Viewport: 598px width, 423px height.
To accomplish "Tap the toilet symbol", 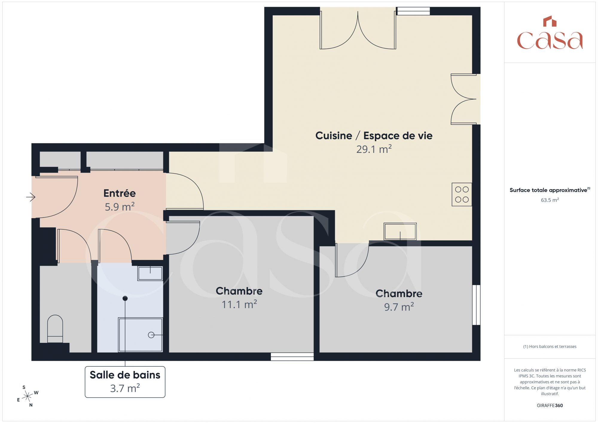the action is tap(55, 329).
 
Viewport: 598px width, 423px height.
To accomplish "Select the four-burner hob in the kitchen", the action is tap(462, 194).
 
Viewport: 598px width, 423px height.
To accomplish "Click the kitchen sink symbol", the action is tap(400, 231).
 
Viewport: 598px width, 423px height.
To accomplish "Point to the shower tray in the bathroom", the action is tap(141, 335).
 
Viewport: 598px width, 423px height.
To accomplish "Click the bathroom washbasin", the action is tap(150, 273).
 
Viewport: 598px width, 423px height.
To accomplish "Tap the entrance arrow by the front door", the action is tap(31, 197).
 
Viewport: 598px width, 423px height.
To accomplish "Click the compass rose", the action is tap(28, 396).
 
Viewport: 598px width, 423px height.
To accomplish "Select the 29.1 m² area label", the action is tap(374, 149).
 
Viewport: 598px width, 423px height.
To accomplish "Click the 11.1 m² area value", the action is tap(239, 304).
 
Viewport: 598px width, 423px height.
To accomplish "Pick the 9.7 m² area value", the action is tap(399, 307).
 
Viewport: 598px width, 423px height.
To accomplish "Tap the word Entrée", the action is tap(120, 193).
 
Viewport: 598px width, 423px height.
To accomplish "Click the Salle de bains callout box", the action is tap(125, 382).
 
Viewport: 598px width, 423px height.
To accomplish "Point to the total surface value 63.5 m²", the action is tap(550, 200).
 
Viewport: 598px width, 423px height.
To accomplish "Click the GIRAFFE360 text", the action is tap(550, 405).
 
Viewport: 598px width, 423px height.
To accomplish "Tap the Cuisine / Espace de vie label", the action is tap(374, 136).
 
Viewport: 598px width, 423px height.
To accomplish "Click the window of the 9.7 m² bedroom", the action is tap(476, 305).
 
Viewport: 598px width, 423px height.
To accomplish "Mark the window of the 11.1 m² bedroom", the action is tap(292, 357).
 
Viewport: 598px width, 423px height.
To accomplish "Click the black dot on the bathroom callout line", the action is tap(125, 298).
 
